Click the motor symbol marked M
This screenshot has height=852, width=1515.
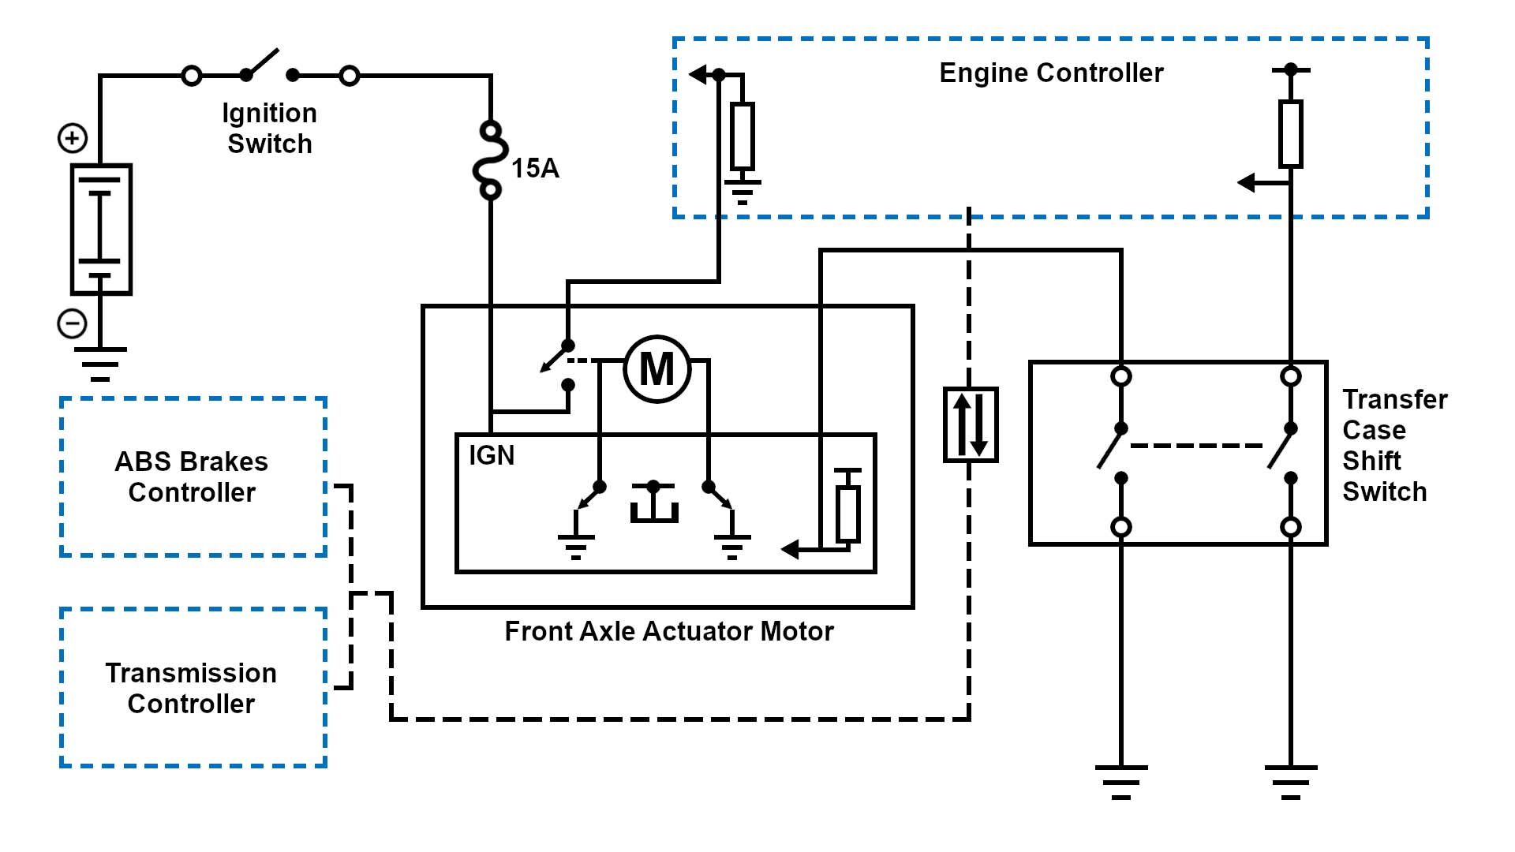(656, 369)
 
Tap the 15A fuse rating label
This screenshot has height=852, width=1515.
(535, 168)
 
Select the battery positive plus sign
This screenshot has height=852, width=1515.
(73, 138)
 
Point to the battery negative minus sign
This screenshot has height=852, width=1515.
(73, 323)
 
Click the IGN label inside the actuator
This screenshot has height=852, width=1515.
(491, 455)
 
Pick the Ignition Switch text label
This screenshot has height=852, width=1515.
(270, 128)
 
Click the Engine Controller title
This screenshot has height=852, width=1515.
(1051, 73)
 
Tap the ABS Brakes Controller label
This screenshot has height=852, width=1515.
(192, 476)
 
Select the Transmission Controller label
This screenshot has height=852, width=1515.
(191, 688)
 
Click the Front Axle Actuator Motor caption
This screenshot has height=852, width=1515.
(668, 631)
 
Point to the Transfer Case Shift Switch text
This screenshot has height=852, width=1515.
(1394, 445)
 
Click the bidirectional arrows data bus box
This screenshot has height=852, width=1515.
(971, 424)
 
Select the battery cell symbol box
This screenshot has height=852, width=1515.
(101, 229)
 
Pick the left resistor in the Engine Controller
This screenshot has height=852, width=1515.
(742, 136)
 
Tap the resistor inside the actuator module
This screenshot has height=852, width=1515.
(847, 513)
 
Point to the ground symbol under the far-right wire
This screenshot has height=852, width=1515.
(1290, 781)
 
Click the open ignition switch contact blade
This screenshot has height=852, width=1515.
(262, 63)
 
